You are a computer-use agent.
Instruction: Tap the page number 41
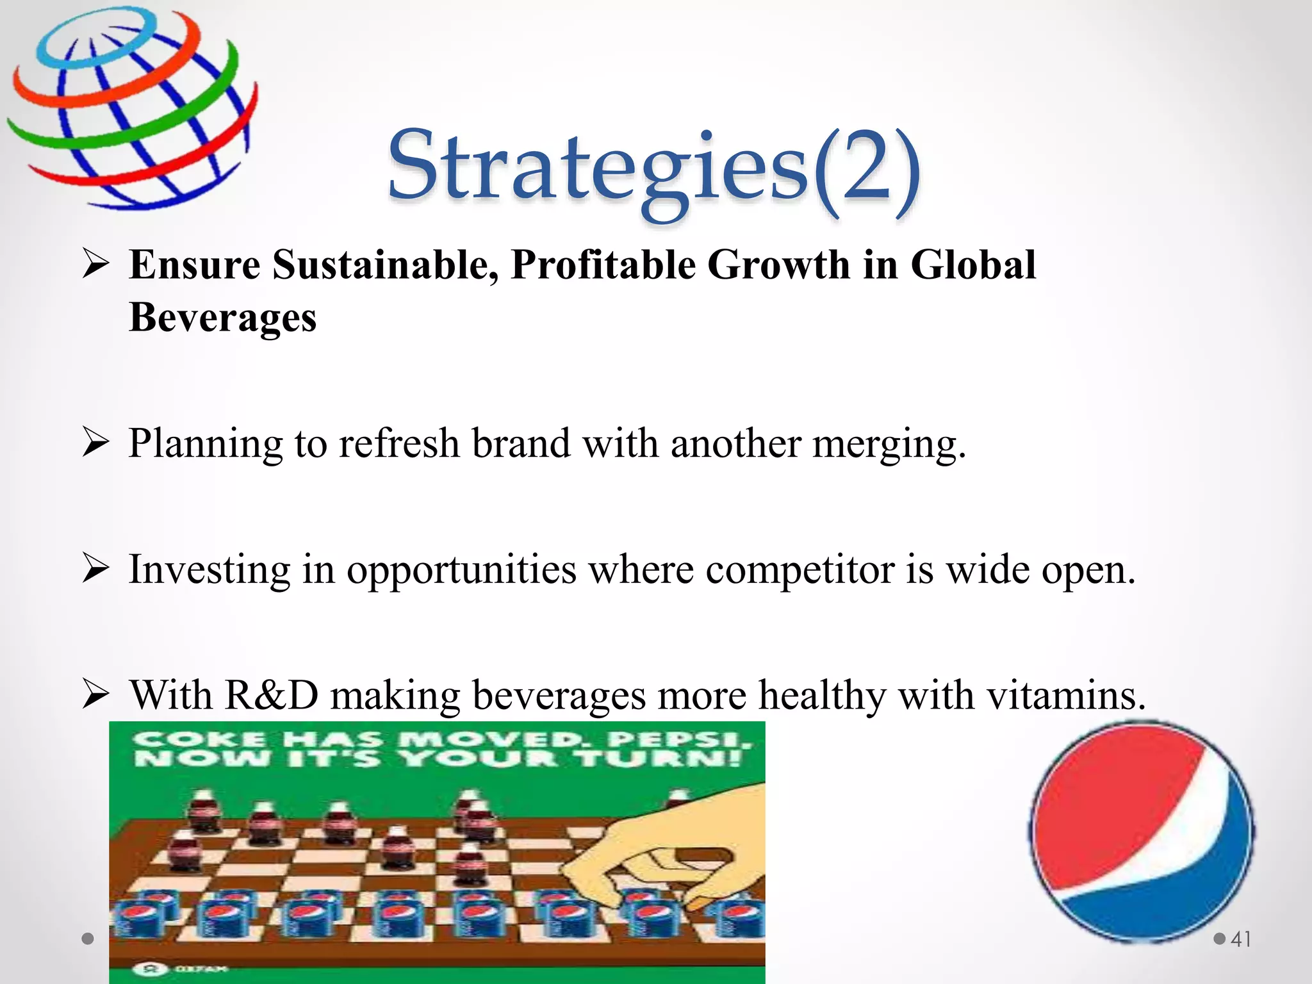1241,939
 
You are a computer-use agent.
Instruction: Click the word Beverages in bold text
222,317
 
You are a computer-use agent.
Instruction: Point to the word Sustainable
385,265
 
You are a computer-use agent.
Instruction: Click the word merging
889,443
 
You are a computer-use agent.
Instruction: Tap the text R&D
272,694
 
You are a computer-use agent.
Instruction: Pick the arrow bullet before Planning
96,443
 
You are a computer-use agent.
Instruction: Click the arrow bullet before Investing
96,569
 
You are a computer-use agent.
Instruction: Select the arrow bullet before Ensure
96,265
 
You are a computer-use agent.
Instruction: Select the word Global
972,265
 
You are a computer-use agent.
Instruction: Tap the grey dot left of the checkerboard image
88,939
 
